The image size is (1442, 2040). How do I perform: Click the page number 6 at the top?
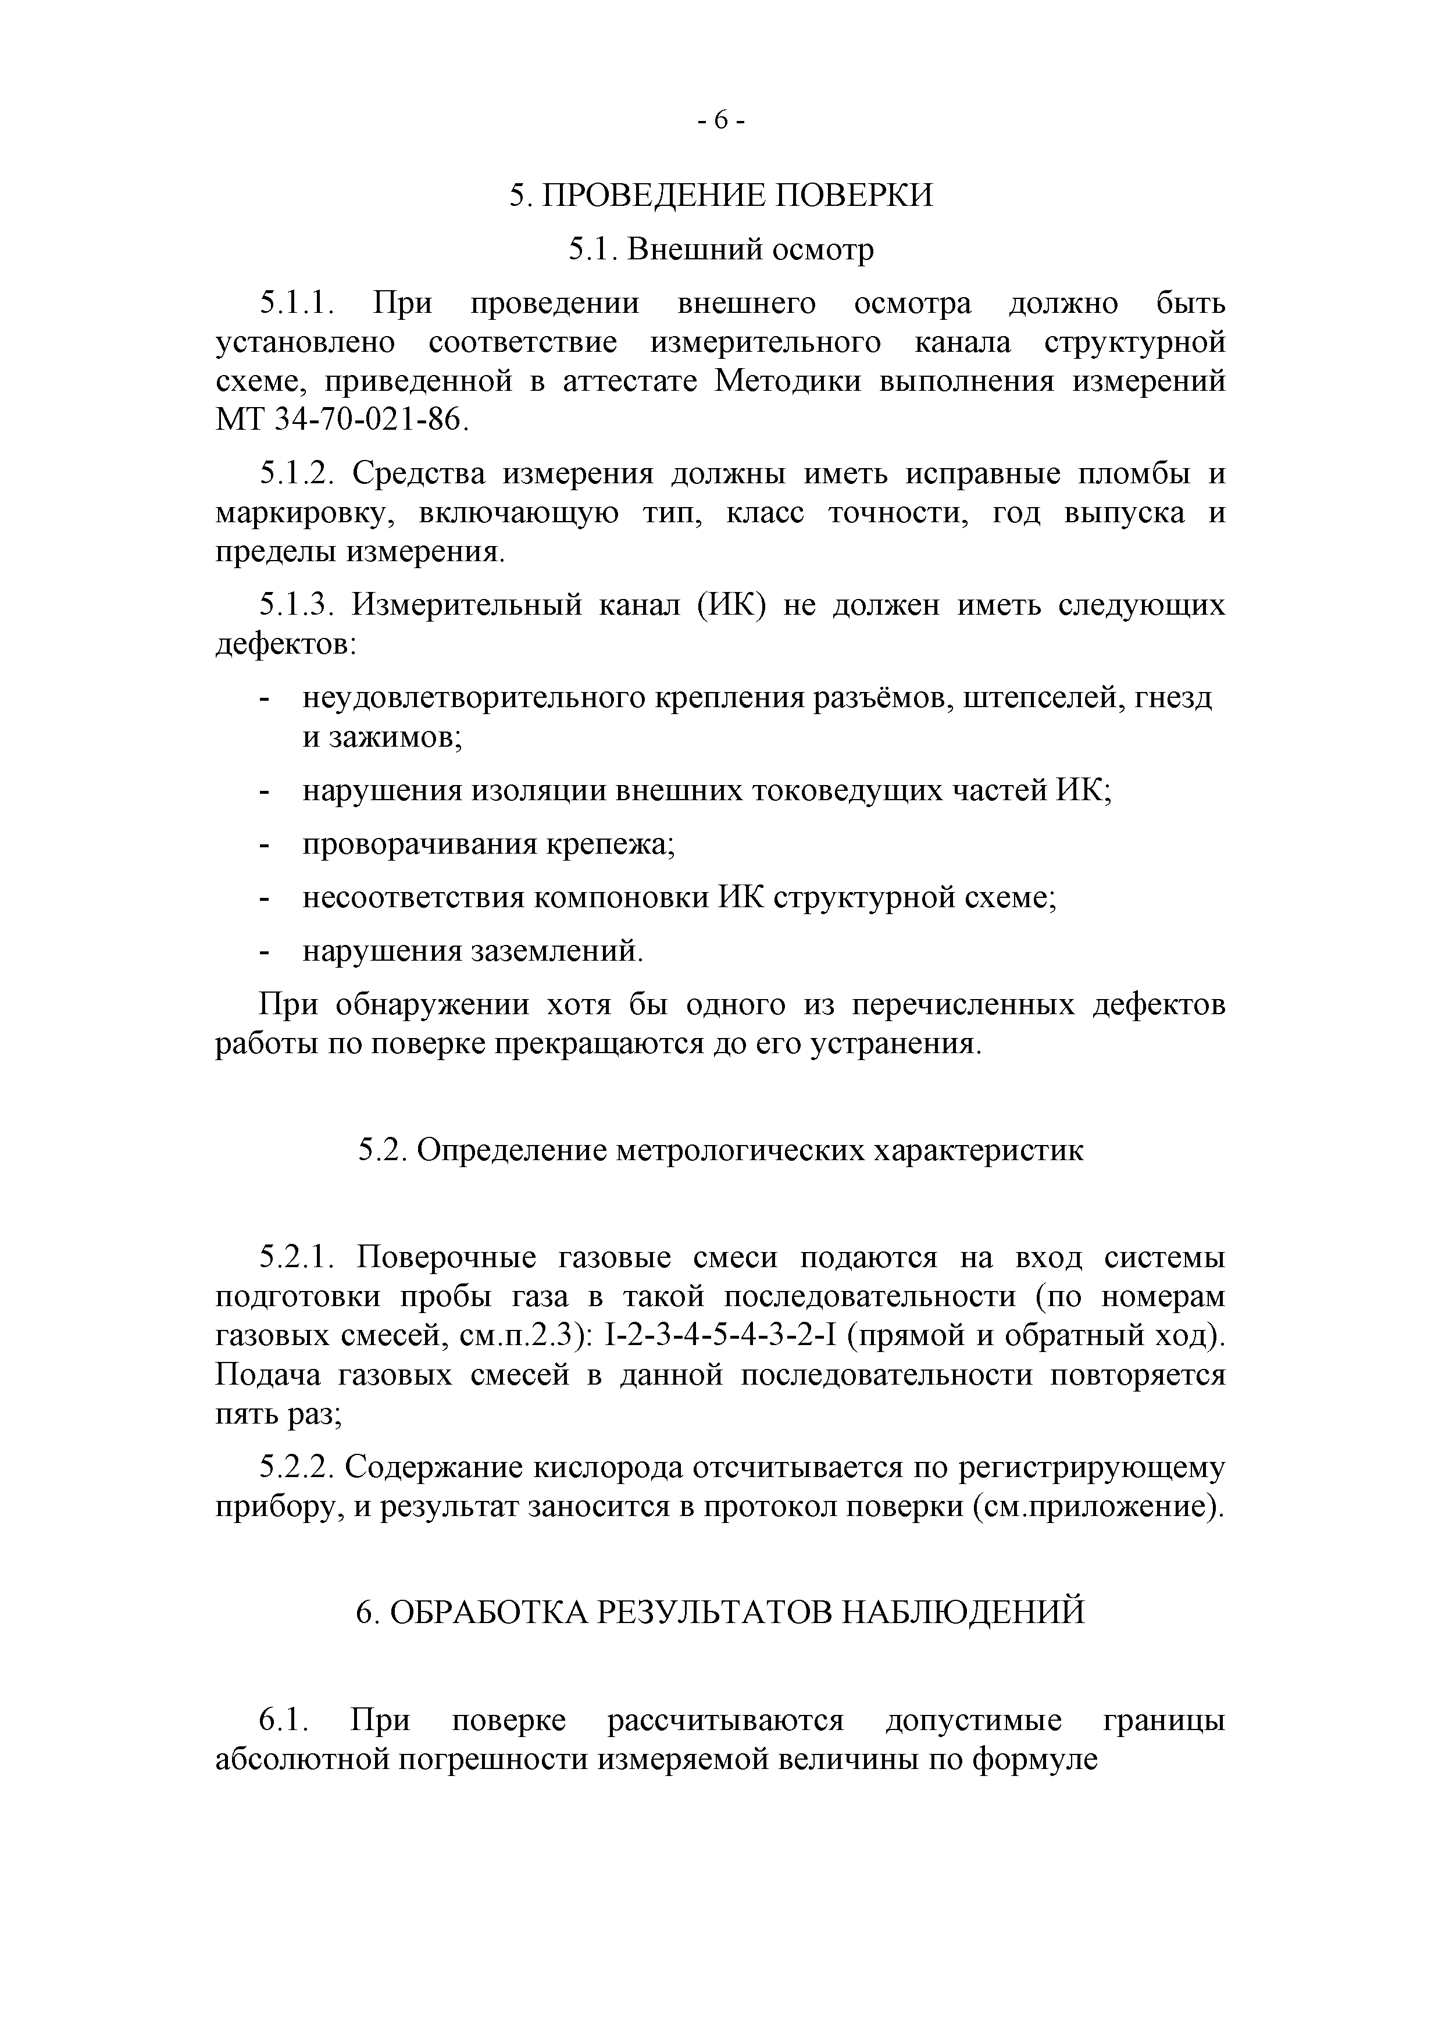click(720, 119)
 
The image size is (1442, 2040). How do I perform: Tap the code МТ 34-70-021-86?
click(341, 419)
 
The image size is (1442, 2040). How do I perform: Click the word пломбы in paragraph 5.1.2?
click(1134, 473)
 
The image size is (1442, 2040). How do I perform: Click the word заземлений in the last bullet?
click(557, 951)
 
